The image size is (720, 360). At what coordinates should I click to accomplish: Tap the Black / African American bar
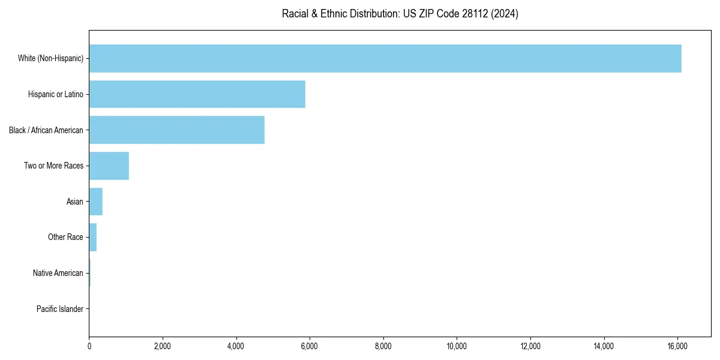coord(176,130)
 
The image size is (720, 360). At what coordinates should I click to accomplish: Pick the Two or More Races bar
coord(109,166)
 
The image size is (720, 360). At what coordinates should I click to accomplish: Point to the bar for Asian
coord(95,202)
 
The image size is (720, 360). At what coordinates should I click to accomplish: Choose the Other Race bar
coord(92,237)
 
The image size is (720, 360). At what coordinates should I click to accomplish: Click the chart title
coord(400,14)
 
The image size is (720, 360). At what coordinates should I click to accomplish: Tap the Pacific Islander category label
coord(59,309)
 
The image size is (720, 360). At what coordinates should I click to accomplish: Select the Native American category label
coord(58,273)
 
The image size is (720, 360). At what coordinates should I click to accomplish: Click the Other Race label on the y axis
coord(65,238)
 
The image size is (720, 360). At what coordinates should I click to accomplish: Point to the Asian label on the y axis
coord(74,202)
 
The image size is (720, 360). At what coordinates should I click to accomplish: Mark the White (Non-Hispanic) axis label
coord(50,58)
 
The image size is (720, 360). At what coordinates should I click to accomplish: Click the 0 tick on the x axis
coord(89,346)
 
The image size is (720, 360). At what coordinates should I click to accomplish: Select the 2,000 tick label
coord(163,346)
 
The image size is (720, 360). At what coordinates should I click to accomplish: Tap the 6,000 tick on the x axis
coord(310,346)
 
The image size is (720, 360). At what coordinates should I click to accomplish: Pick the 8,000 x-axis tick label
coord(383,346)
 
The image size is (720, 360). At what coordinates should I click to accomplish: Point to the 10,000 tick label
coord(457,346)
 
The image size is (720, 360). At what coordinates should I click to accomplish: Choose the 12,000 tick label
coord(530,346)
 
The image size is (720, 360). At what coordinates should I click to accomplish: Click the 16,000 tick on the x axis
coord(677,346)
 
